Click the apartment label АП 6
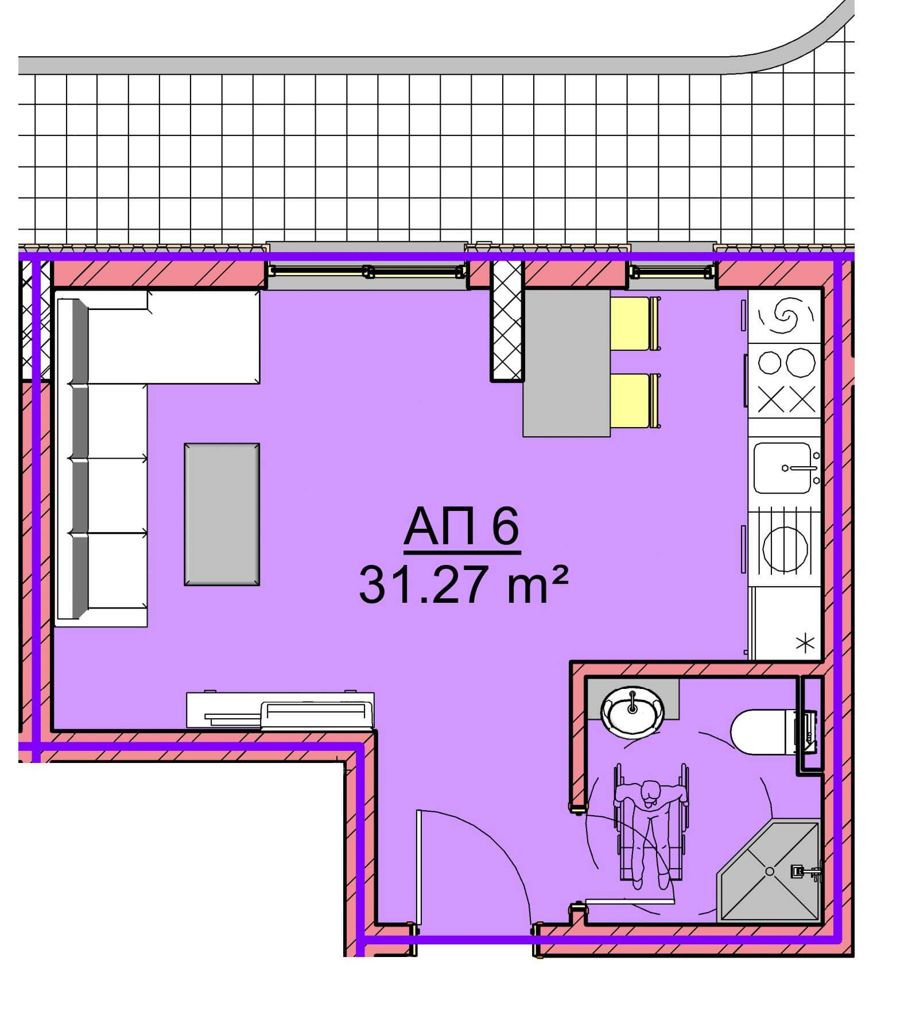tap(462, 528)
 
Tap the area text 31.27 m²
tap(463, 584)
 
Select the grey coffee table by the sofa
tap(222, 514)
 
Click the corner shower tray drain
tap(770, 871)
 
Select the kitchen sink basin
tap(782, 467)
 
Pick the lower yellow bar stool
tap(634, 401)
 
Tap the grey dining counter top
tap(566, 362)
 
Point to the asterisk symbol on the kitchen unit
tap(806, 643)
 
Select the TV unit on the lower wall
tap(281, 711)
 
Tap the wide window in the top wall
tap(367, 270)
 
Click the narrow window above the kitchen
tap(672, 270)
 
